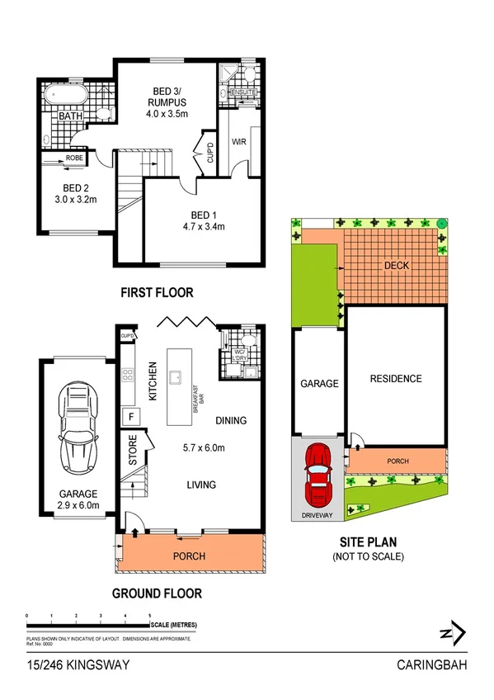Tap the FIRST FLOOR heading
[157, 292]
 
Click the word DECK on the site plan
[397, 265]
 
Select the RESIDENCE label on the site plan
[395, 379]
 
